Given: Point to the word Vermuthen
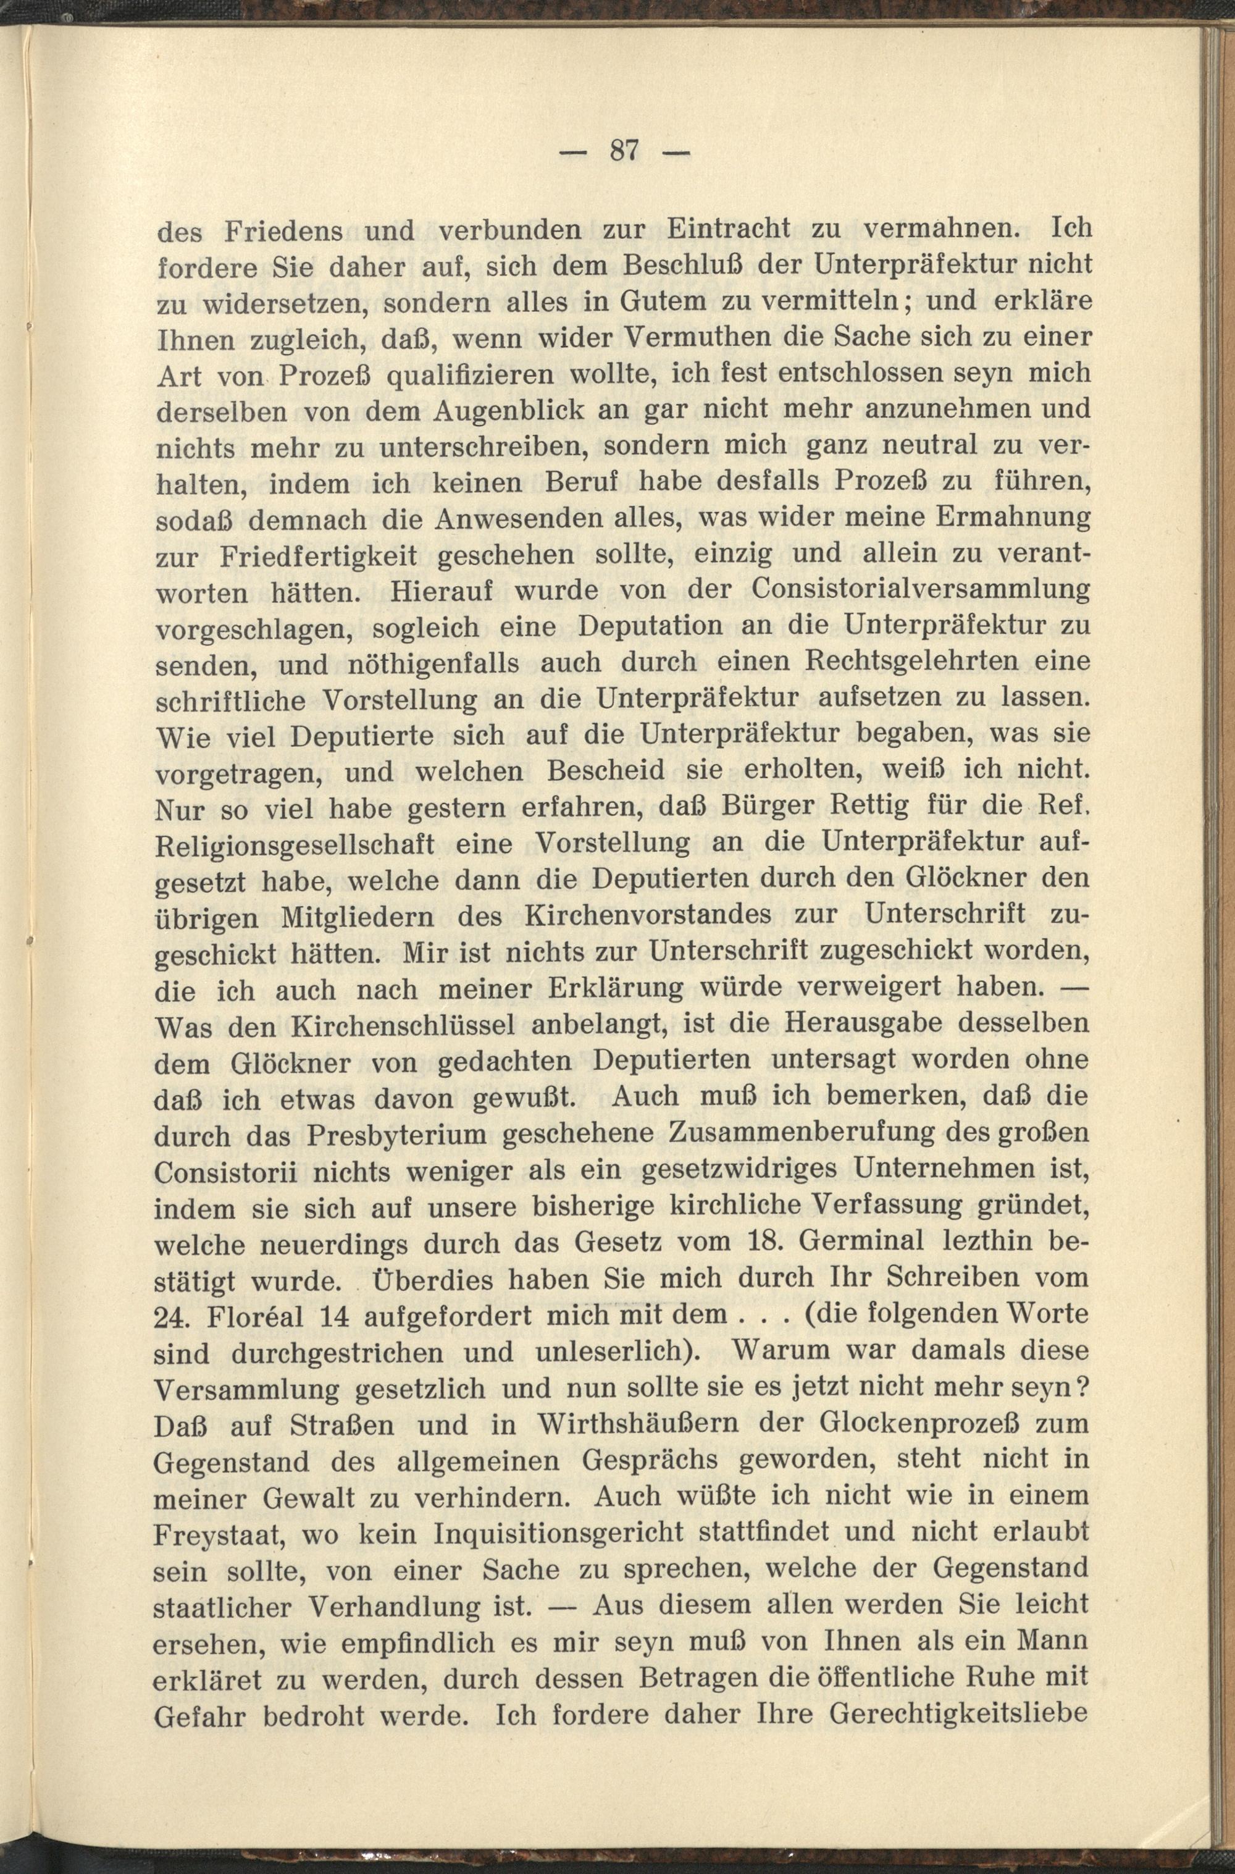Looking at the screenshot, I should [x=674, y=337].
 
